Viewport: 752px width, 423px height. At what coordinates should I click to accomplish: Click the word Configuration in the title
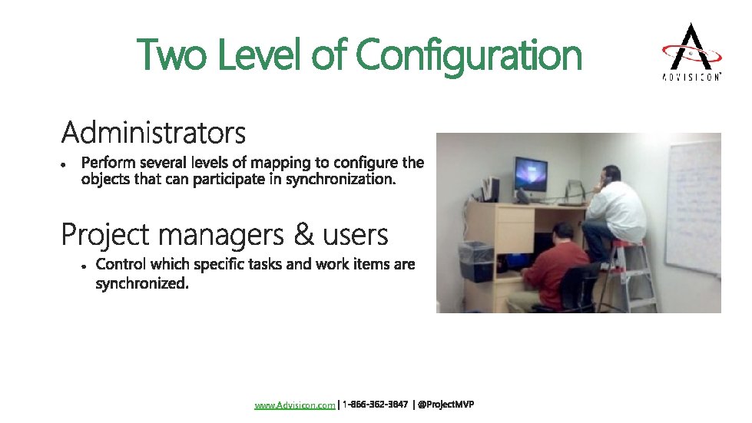(469, 56)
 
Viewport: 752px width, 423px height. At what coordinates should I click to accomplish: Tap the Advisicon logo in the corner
(692, 52)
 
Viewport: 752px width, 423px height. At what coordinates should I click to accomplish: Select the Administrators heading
(154, 133)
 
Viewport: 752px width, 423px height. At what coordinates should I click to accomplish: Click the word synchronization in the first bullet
(348, 179)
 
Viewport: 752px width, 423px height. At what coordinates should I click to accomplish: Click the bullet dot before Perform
(67, 164)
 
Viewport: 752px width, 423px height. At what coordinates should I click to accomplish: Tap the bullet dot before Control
(82, 266)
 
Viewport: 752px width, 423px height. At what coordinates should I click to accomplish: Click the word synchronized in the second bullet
(141, 284)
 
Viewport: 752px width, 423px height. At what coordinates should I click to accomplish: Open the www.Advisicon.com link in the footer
(295, 405)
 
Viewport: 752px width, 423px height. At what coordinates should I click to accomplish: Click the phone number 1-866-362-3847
(375, 405)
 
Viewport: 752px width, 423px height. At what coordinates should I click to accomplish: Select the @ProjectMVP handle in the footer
(446, 405)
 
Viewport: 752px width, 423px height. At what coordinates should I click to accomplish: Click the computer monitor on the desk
(530, 173)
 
